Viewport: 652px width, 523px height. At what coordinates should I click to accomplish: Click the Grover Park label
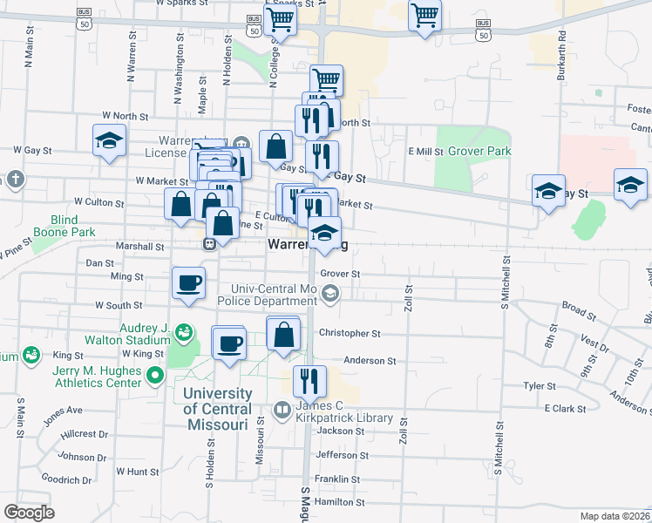pos(479,151)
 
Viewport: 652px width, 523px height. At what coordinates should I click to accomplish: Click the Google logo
pos(29,512)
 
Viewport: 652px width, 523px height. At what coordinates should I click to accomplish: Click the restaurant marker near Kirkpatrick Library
pos(309,381)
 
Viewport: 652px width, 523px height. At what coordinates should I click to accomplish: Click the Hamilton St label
pos(338,503)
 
